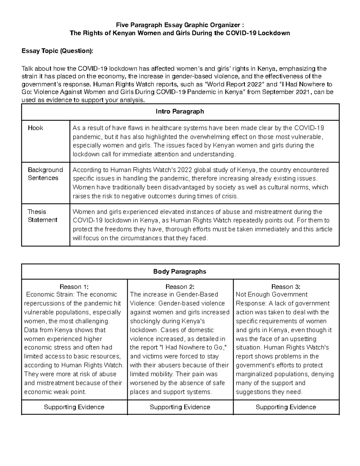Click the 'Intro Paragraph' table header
tap(180, 112)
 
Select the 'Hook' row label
tap(35, 128)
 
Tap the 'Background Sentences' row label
tap(45, 174)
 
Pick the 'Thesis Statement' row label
tap(42, 216)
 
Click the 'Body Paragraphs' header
tap(180, 272)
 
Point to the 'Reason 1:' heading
tap(74, 287)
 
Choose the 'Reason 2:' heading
tap(180, 287)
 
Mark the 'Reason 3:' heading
tap(286, 287)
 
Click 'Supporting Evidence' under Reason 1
tap(74, 407)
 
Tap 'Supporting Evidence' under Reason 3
tap(286, 407)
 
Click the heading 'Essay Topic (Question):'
tap(57, 51)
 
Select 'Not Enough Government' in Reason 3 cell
tap(271, 295)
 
